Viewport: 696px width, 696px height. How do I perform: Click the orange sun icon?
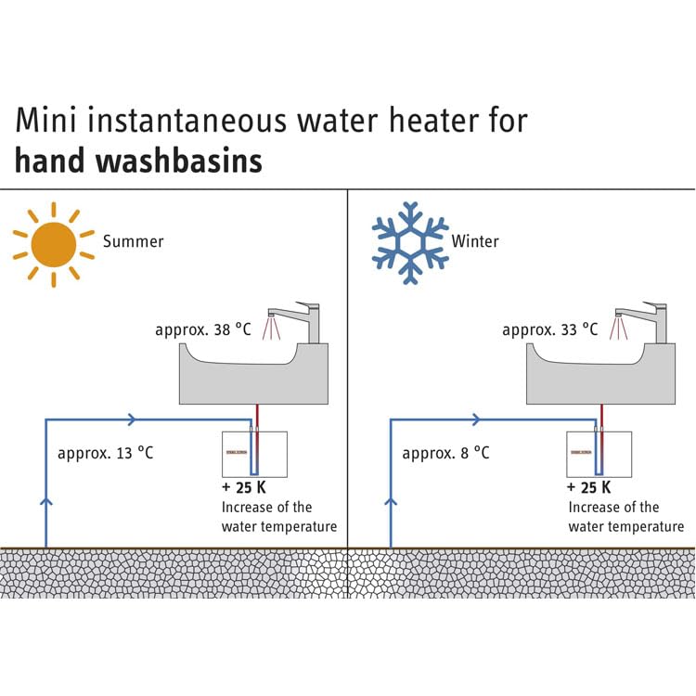tap(53, 245)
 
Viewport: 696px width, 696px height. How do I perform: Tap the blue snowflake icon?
tap(409, 243)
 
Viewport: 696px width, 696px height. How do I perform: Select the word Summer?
tap(133, 241)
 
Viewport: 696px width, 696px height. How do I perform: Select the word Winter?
tap(475, 241)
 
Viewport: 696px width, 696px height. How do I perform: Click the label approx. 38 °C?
tap(203, 329)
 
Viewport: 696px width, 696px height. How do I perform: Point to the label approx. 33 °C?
tap(550, 329)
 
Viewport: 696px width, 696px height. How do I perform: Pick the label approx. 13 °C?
tap(105, 453)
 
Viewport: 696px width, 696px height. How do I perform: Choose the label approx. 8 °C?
tap(445, 453)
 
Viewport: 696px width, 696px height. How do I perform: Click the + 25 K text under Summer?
tap(242, 487)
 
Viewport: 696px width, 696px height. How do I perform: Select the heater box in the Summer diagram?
tap(253, 454)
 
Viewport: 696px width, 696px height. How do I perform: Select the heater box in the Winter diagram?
tap(599, 454)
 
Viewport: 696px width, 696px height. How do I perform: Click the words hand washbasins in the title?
tap(139, 161)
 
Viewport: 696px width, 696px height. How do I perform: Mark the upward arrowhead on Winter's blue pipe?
tap(391, 502)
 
